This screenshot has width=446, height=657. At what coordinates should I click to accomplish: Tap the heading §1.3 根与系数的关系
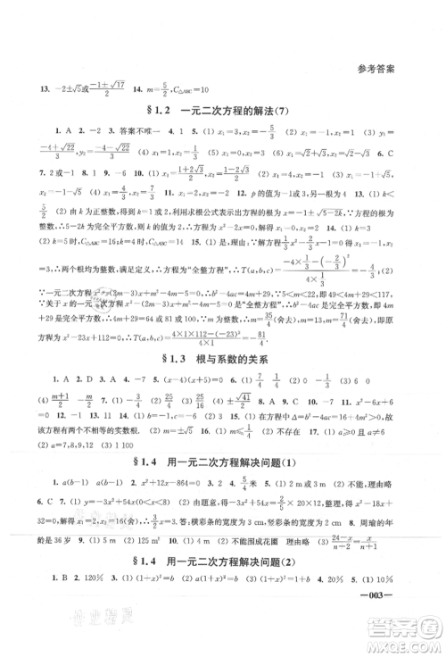click(x=223, y=356)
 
